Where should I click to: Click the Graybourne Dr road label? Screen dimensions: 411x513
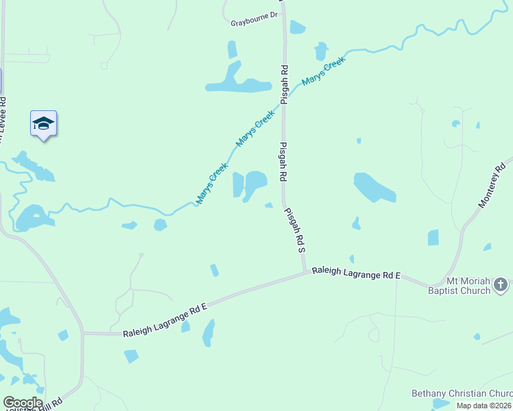pos(254,14)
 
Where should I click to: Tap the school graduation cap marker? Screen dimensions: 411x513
pos(43,124)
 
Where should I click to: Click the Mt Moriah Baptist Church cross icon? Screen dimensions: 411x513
pos(501,284)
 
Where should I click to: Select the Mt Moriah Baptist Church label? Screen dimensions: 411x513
pos(468,286)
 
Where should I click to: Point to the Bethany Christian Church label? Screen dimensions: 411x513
pos(461,393)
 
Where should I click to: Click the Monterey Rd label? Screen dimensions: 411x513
pos(492,185)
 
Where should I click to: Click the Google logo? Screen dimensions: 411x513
pos(23,403)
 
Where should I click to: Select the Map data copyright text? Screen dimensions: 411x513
pos(484,406)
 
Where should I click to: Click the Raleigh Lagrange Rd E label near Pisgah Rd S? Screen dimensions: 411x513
pos(355,273)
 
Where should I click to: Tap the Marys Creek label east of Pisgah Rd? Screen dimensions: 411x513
pos(323,72)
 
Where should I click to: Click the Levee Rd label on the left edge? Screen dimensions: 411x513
pos(2,123)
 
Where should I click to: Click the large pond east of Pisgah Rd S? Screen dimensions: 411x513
pos(374,187)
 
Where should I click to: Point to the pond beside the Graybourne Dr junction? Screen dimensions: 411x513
pos(297,27)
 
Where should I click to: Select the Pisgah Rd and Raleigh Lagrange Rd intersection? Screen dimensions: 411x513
pos(306,273)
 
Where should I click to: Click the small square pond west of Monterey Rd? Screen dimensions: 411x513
pos(433,238)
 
